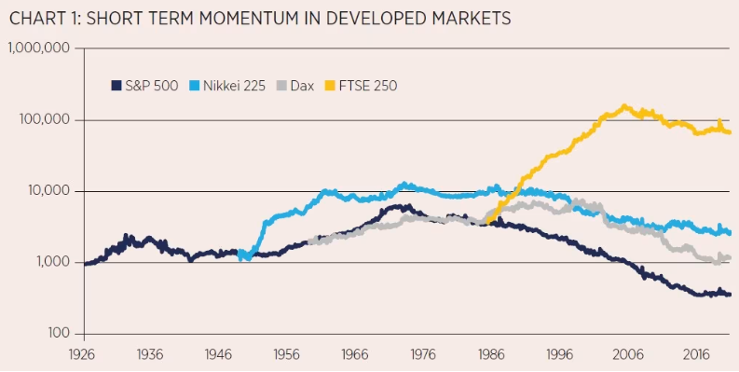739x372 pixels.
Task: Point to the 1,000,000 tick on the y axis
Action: point(39,48)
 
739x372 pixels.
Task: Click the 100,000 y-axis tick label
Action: point(45,120)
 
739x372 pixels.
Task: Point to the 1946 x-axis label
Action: point(218,355)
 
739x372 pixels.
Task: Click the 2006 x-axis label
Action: point(625,355)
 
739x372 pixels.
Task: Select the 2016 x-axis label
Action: point(692,355)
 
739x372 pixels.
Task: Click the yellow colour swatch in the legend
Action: point(328,85)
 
